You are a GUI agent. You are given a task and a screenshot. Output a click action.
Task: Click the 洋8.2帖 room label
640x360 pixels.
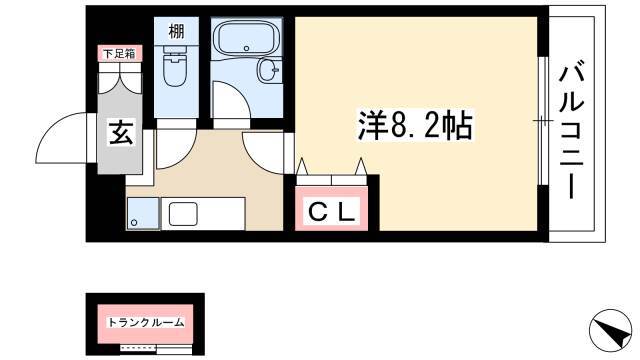click(x=415, y=125)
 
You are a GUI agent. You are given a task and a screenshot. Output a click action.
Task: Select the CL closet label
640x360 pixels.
click(x=331, y=212)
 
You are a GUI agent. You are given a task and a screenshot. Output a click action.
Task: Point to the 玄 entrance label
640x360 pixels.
click(x=121, y=132)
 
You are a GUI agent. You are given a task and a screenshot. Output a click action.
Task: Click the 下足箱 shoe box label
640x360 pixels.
click(x=120, y=53)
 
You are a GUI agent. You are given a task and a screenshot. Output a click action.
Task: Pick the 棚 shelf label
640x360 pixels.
click(x=176, y=31)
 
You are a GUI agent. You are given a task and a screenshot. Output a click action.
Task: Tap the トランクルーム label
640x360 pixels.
click(x=145, y=323)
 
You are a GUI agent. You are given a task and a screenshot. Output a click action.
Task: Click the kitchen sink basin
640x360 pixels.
click(x=183, y=214)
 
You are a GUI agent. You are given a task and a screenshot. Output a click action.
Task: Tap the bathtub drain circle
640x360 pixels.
click(x=246, y=48)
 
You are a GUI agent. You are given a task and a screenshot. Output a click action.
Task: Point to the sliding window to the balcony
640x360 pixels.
click(x=543, y=121)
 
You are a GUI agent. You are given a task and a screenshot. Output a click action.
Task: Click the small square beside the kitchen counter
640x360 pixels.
click(x=143, y=213)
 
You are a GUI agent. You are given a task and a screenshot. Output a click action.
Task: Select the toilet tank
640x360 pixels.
click(x=176, y=51)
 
